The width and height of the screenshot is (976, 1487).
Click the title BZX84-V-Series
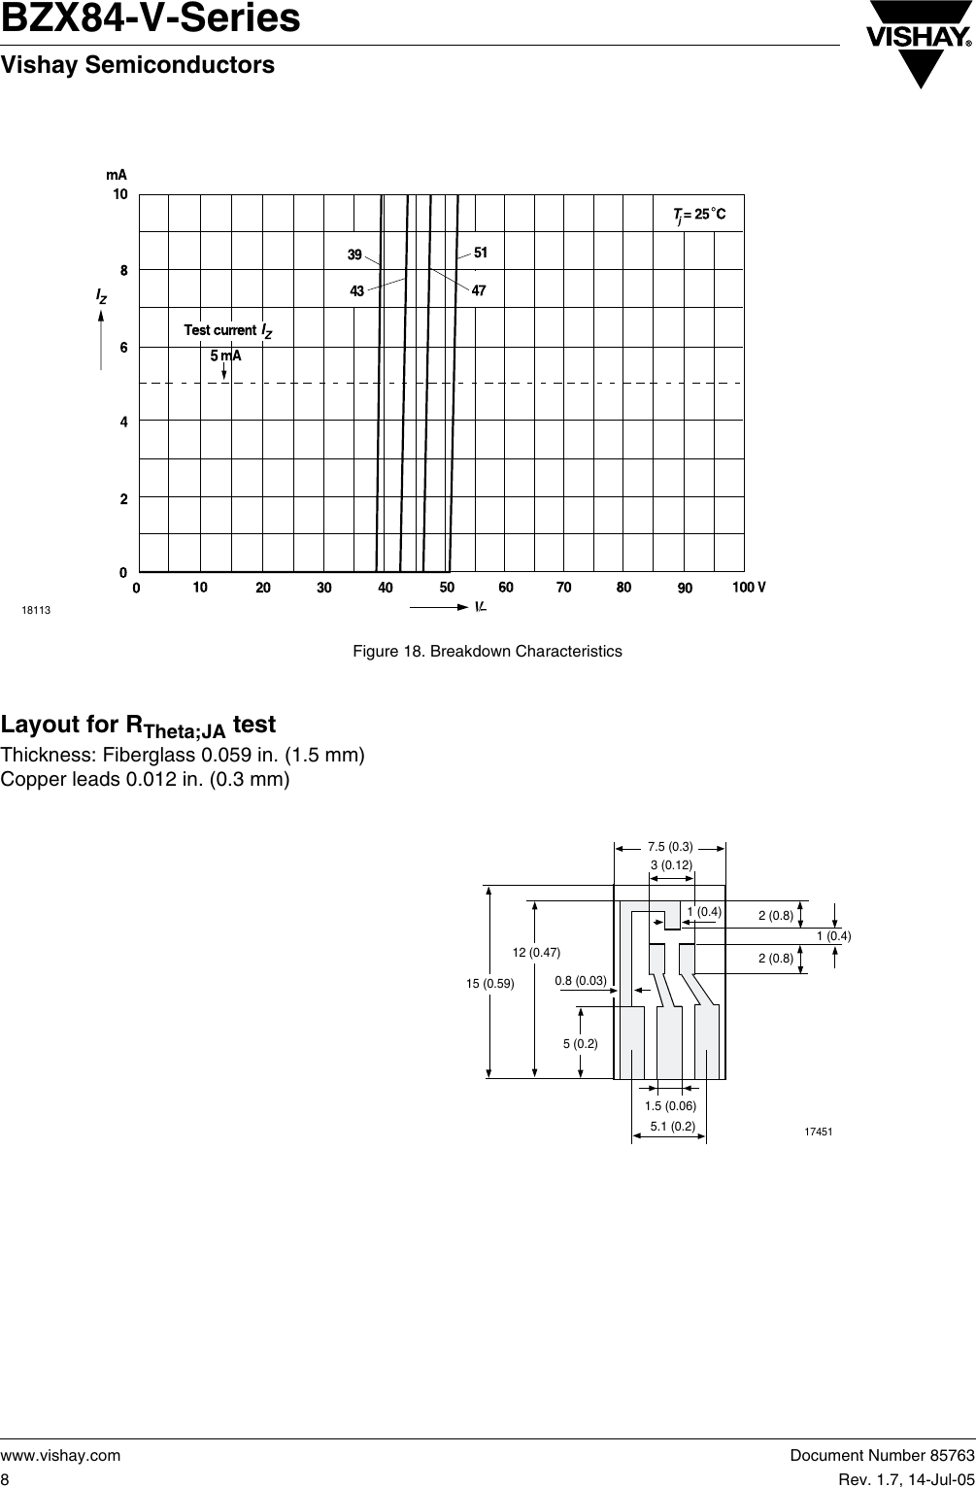(x=151, y=19)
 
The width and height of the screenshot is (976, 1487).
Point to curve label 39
(x=355, y=255)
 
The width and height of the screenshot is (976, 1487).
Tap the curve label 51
(x=480, y=253)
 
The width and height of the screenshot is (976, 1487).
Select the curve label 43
(x=356, y=290)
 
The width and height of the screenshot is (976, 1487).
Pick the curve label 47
(x=479, y=290)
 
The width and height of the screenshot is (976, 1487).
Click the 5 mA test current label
(x=225, y=355)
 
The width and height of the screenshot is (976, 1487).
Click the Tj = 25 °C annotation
(x=699, y=214)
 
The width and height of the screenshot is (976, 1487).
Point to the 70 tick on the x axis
(x=564, y=588)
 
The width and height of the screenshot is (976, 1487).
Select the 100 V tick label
(x=749, y=588)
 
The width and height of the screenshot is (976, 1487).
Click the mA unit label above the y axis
(x=117, y=176)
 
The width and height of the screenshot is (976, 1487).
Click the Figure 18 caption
(x=487, y=651)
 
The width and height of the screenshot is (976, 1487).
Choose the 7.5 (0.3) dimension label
(x=670, y=847)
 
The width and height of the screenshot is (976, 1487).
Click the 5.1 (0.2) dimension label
(x=672, y=1127)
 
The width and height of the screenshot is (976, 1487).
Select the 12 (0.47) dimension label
(x=537, y=952)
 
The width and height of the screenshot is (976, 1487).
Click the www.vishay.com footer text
(x=60, y=1455)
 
